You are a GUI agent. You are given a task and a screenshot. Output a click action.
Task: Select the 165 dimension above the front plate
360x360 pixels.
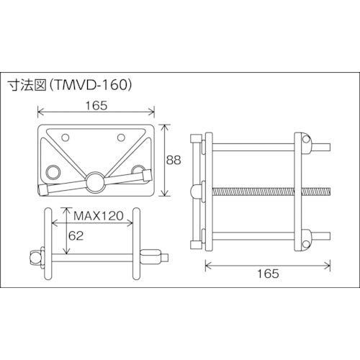95,105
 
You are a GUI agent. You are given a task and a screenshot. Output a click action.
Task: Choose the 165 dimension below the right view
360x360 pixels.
266,274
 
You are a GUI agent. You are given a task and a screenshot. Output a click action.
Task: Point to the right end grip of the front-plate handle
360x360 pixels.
146,174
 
